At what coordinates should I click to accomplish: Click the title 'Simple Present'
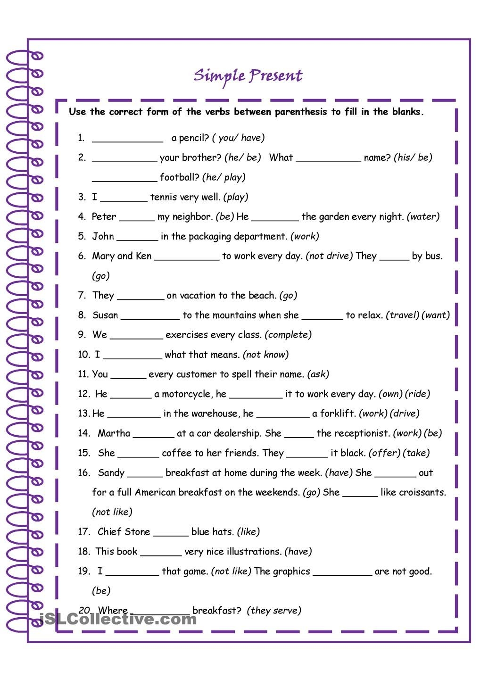248,76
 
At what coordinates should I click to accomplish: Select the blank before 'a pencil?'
127,139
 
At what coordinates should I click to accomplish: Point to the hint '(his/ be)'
413,157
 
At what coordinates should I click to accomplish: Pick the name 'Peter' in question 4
104,216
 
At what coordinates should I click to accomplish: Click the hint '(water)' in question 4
423,216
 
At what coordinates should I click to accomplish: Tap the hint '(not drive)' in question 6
329,256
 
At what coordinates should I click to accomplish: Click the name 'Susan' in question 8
105,315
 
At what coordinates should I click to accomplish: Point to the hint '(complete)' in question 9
288,335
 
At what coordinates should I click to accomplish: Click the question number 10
83,355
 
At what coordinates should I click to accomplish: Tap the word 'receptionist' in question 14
361,433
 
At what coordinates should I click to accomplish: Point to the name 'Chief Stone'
124,532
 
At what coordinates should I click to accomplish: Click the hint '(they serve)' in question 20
276,611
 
